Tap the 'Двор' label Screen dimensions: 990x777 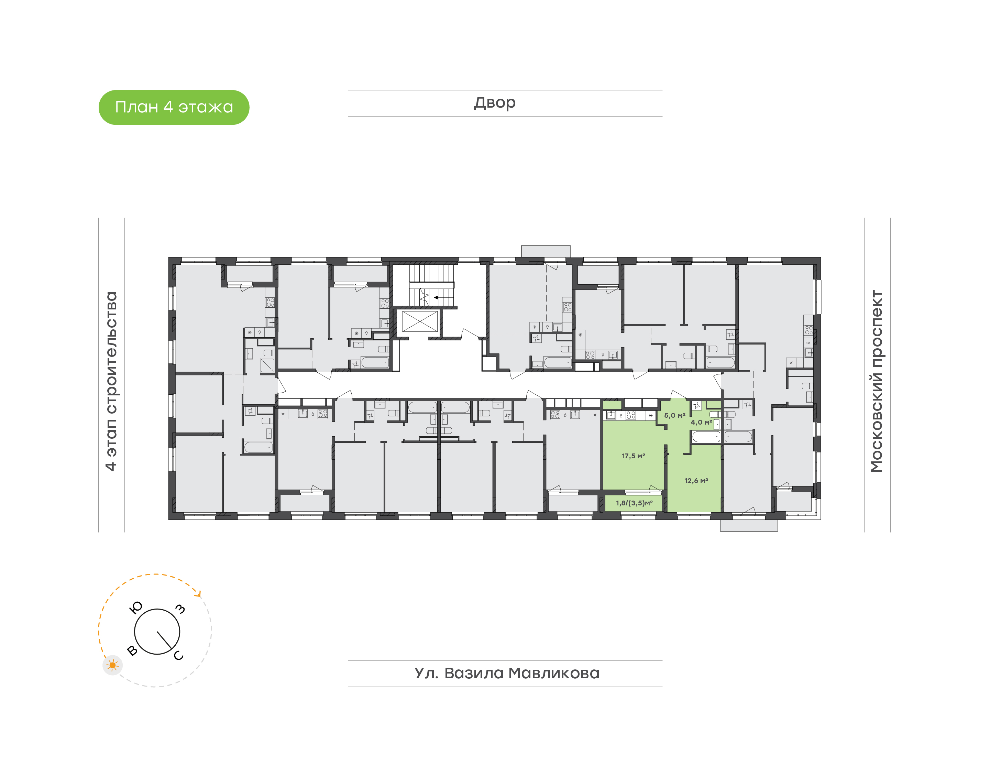(x=495, y=103)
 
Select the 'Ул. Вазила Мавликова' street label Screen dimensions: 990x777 (x=507, y=673)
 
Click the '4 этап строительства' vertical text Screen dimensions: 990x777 (x=111, y=381)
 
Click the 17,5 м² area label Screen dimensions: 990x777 (x=634, y=456)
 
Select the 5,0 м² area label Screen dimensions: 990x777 (x=675, y=415)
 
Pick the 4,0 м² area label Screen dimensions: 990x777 (x=701, y=422)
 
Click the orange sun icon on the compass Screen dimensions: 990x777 (x=112, y=666)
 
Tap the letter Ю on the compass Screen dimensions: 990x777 (x=136, y=607)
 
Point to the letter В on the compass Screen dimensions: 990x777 (x=132, y=650)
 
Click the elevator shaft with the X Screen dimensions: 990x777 (x=420, y=321)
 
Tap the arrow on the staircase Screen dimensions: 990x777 (x=443, y=297)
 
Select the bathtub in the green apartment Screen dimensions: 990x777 (x=706, y=437)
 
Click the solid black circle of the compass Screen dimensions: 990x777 (x=157, y=632)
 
